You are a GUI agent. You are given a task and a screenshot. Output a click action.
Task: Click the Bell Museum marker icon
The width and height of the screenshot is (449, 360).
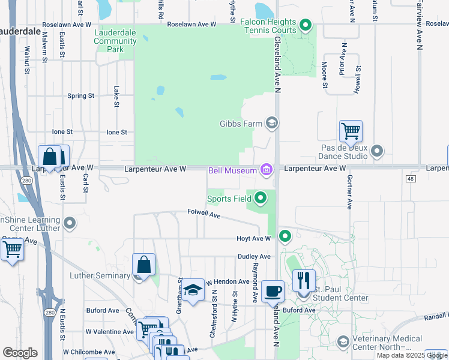pos(266,170)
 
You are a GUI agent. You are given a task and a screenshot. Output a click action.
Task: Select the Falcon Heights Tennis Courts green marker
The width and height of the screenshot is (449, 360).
pos(306,25)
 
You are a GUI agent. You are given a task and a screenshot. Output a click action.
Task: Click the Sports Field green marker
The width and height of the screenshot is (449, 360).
pos(260,197)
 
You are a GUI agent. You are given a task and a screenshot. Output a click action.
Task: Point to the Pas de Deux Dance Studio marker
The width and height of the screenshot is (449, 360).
pos(376,151)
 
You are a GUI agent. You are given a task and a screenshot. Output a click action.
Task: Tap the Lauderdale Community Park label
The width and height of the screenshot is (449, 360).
pos(116,40)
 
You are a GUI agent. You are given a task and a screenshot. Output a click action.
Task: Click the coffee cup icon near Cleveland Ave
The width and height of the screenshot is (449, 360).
pos(273,291)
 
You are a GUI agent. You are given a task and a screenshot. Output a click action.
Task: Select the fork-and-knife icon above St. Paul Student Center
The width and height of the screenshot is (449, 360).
pos(304,280)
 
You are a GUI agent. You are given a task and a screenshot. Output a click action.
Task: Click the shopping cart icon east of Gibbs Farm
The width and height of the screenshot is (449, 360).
pos(350,130)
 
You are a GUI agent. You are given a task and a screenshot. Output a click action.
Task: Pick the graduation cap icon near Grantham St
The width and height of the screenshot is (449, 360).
pos(193,291)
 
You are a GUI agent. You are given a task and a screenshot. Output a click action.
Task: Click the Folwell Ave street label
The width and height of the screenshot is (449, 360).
pos(204,213)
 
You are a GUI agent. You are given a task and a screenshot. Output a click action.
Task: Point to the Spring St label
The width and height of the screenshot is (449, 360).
pos(81,95)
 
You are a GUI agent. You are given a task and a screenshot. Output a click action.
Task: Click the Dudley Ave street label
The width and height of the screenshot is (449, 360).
pos(254,256)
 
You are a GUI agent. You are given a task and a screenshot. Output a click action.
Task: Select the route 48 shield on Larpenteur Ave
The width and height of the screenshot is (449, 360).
pos(411,178)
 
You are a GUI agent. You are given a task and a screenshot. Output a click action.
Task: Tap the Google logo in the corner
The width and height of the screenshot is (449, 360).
pos(20,353)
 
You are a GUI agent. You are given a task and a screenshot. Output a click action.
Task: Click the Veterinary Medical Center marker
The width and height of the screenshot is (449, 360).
pos(343,342)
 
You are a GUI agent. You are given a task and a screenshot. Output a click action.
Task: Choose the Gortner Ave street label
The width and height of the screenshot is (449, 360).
pos(349,188)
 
